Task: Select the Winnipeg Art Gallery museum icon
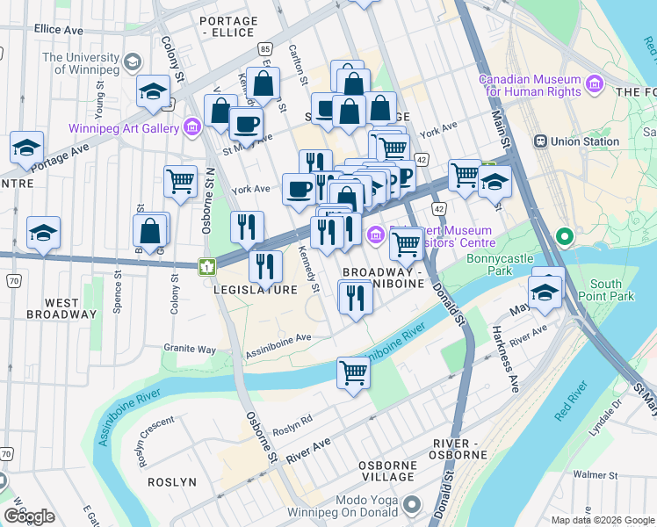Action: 192,128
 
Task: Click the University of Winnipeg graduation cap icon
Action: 133,62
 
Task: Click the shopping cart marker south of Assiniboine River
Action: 353,373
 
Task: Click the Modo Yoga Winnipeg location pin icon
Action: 413,506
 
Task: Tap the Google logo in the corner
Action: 29,516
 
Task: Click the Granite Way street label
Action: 189,349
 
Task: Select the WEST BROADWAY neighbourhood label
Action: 62,308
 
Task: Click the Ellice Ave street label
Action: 59,29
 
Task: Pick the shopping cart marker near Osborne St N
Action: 180,182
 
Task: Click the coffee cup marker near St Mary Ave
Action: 246,124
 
